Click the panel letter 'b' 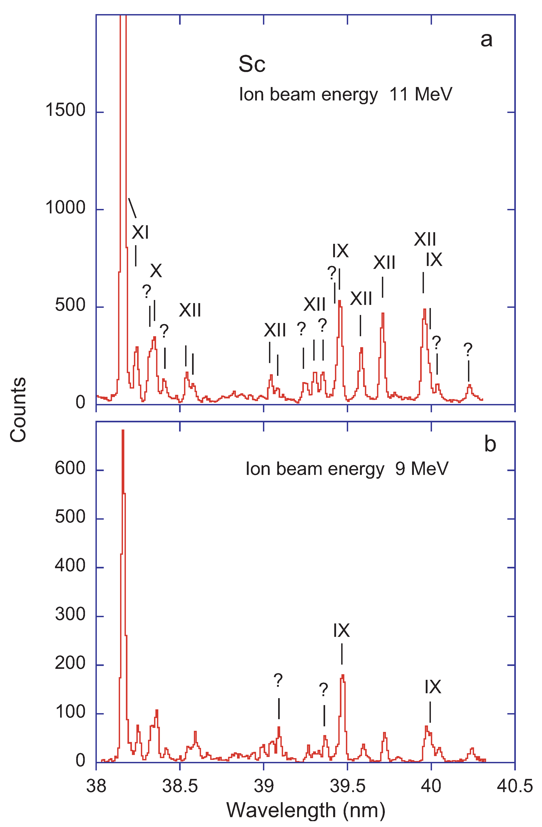click(x=490, y=444)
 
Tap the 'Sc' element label click(x=252, y=64)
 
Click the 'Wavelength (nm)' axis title click(x=306, y=810)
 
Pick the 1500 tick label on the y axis click(x=65, y=111)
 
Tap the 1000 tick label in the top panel click(x=65, y=208)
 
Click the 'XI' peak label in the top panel click(x=140, y=232)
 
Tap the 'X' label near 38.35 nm click(x=156, y=270)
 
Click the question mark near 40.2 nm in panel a click(x=468, y=349)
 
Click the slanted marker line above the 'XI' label click(x=132, y=208)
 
